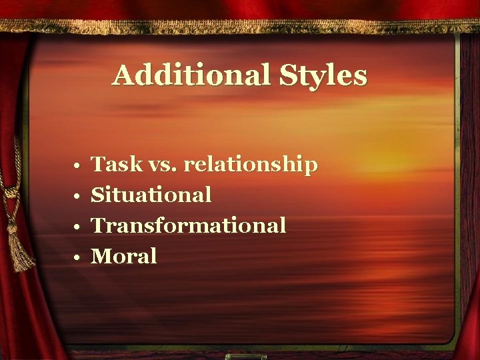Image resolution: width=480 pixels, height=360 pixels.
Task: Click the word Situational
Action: (151, 195)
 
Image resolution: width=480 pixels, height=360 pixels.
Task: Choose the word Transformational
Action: (189, 225)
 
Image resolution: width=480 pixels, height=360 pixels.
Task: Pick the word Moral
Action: (124, 256)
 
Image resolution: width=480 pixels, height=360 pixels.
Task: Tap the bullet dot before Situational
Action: (78, 196)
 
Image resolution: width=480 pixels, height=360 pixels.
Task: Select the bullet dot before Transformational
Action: (78, 227)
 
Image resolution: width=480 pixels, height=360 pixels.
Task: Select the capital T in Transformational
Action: (98, 225)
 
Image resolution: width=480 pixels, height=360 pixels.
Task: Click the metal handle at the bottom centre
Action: (239, 356)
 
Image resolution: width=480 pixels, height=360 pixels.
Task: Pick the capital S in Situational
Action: (98, 195)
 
